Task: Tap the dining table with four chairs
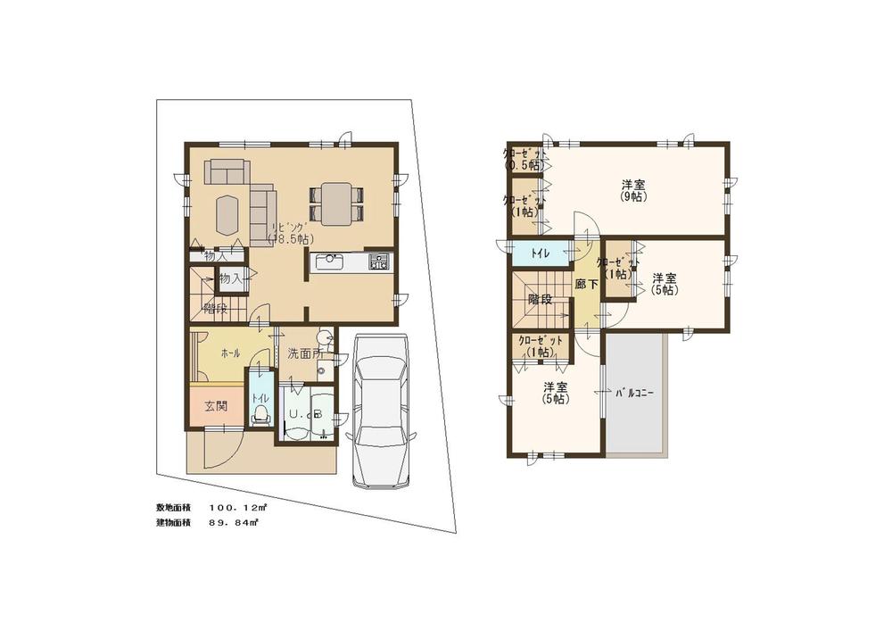click(335, 203)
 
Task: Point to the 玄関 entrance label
click(215, 407)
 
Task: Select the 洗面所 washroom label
click(303, 353)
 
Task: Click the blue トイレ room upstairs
click(541, 253)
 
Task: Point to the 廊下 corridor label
click(585, 284)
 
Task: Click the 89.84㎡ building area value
click(234, 522)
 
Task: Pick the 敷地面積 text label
click(174, 507)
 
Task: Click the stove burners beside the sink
click(378, 262)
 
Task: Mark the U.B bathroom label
click(303, 414)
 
